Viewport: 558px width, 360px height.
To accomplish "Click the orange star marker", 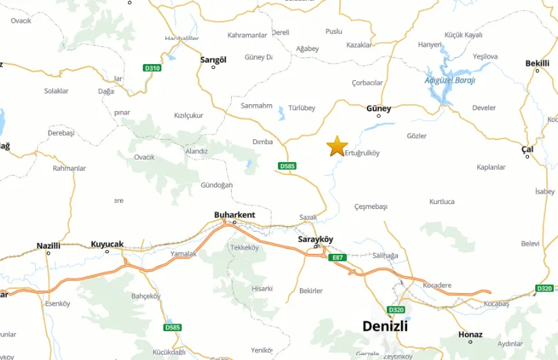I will point(337,146).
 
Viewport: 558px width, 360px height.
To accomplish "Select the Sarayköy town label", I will point(316,239).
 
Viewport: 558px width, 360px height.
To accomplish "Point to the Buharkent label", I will point(235,215).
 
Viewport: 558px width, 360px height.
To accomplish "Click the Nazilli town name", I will point(48,246).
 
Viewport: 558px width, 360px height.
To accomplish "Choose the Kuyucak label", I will point(107,244).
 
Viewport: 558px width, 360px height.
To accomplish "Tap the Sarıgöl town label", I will point(213,60).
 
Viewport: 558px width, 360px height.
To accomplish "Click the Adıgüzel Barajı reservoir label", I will point(450,80).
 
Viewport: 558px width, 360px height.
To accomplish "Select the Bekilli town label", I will point(537,63).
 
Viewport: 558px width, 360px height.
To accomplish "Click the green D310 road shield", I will point(152,68).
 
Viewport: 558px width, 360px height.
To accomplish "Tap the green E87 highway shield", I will point(337,257).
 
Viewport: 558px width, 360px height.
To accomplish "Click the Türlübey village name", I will point(301,108).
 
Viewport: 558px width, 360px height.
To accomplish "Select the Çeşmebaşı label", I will point(370,207).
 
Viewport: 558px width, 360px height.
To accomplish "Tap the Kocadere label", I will point(437,284).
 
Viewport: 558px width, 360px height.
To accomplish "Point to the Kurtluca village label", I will point(442,201).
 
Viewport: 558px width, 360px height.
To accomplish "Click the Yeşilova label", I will point(485,57).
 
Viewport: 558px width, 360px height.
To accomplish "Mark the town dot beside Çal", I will point(528,157).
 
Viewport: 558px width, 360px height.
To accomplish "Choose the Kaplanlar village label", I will point(491,167).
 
